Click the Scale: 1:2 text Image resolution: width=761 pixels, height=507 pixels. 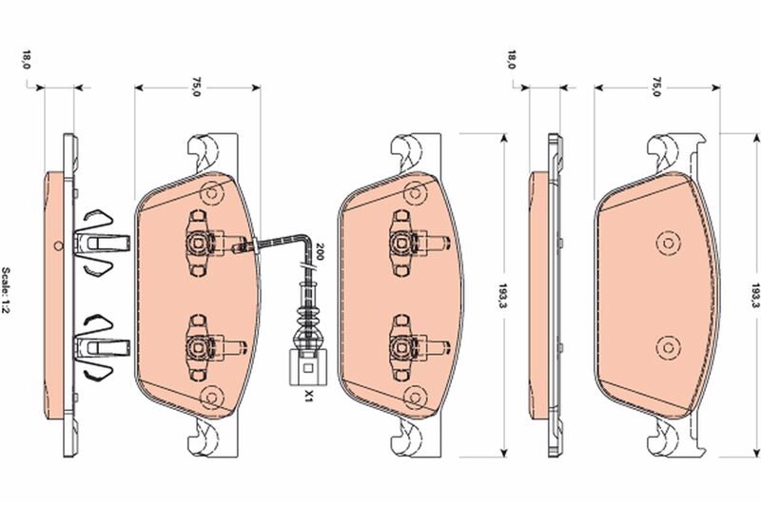[x=10, y=295]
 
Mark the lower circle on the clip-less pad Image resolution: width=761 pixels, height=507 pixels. [x=664, y=344]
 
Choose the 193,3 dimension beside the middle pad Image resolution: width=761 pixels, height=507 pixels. [x=501, y=294]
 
